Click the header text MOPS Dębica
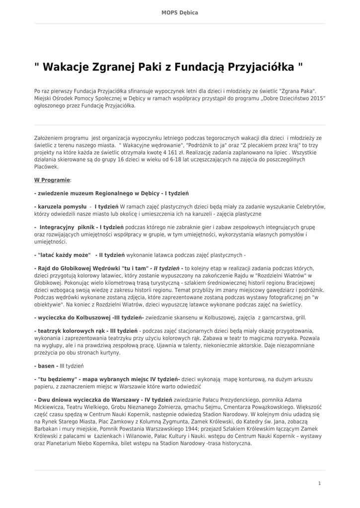[180, 12]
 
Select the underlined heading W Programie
[52, 180]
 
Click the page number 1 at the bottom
[319, 483]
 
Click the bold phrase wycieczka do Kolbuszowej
[74, 317]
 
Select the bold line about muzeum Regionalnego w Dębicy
[111, 193]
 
